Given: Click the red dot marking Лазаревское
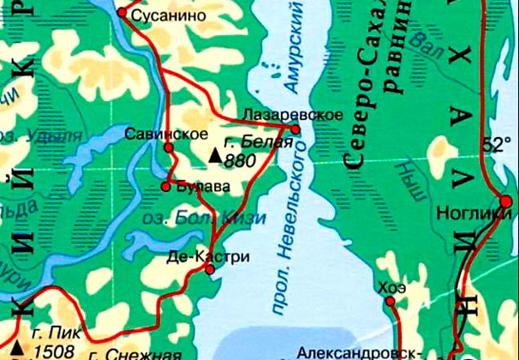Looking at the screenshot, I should click(295, 129).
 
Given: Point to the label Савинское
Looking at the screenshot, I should click(165, 134).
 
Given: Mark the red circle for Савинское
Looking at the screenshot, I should click(169, 147).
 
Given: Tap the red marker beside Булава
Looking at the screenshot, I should click(165, 186).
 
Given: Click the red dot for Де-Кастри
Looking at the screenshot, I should click(211, 270).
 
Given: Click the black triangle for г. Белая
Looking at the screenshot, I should click(214, 155).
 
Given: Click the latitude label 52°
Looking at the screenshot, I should click(495, 145).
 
